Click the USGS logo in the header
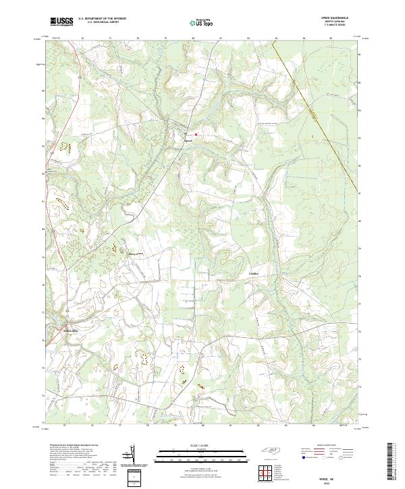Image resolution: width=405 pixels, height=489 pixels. [60, 22]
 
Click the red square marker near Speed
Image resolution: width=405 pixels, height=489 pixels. [196, 134]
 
